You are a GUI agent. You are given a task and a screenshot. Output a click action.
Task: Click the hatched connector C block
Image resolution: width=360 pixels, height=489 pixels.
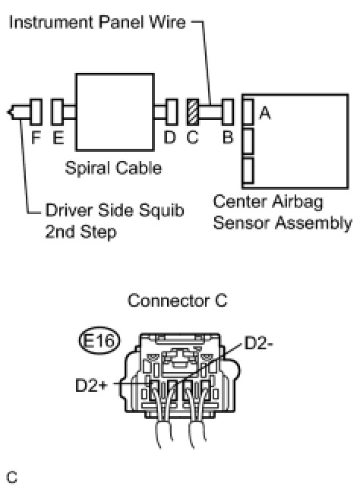(192, 112)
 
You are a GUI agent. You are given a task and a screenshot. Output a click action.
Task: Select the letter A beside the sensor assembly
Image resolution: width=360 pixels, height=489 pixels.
(265, 113)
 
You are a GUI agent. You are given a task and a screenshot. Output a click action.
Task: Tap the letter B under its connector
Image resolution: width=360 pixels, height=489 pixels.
(228, 137)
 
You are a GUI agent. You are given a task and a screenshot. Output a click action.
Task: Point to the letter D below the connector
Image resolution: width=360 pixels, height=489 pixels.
(170, 137)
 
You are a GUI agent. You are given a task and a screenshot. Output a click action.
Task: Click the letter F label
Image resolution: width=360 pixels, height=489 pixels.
(36, 137)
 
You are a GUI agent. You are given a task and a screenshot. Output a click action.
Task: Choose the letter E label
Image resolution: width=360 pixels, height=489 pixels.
(58, 137)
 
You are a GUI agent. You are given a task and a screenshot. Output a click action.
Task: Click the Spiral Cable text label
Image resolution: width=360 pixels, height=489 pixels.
(113, 168)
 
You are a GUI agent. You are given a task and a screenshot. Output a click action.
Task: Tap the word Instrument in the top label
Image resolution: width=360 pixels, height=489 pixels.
(51, 23)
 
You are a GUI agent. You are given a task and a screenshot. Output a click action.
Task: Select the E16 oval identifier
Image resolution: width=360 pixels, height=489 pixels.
(99, 340)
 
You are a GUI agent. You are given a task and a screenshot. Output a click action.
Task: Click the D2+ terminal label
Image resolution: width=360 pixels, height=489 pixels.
(91, 385)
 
